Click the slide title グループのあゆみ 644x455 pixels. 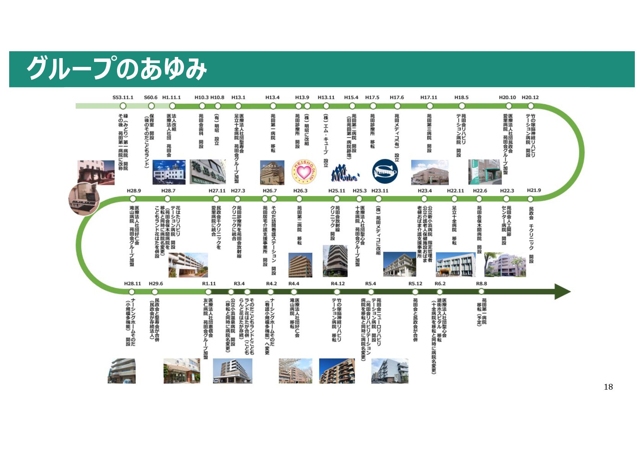pyautogui.click(x=117, y=69)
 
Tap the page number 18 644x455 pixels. pyautogui.click(x=608, y=387)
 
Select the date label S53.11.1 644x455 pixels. pyautogui.click(x=123, y=97)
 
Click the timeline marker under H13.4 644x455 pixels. pyautogui.click(x=273, y=106)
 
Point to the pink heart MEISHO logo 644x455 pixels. pyautogui.click(x=304, y=172)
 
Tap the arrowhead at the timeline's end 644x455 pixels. pyautogui.click(x=562, y=292)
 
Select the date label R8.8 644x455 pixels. pyautogui.click(x=481, y=284)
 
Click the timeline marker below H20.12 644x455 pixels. pyautogui.click(x=530, y=106)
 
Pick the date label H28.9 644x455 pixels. pyautogui.click(x=133, y=190)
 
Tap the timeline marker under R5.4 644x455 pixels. pyautogui.click(x=371, y=292)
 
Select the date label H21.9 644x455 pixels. pyautogui.click(x=534, y=190)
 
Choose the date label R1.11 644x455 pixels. pyautogui.click(x=209, y=284)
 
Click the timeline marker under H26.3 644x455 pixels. pyautogui.click(x=299, y=199)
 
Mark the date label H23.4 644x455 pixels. pyautogui.click(x=424, y=190)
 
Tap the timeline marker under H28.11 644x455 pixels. pyautogui.click(x=132, y=292)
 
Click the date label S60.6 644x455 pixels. pyautogui.click(x=151, y=97)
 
